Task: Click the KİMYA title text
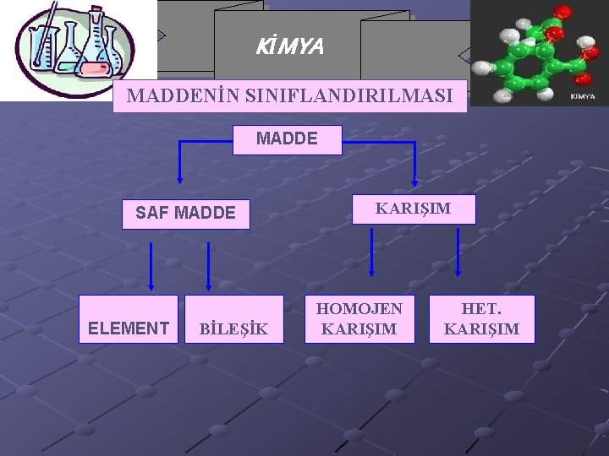[x=289, y=47]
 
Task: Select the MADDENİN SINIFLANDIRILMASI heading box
[x=289, y=96]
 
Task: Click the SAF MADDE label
[x=185, y=213]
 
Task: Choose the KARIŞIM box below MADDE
[x=414, y=209]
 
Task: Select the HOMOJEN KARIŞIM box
[x=360, y=319]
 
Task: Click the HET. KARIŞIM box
[x=482, y=319]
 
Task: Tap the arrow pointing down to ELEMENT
[x=152, y=266]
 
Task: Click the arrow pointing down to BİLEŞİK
[x=209, y=266]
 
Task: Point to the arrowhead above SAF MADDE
[x=179, y=179]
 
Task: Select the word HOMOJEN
[x=360, y=309]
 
